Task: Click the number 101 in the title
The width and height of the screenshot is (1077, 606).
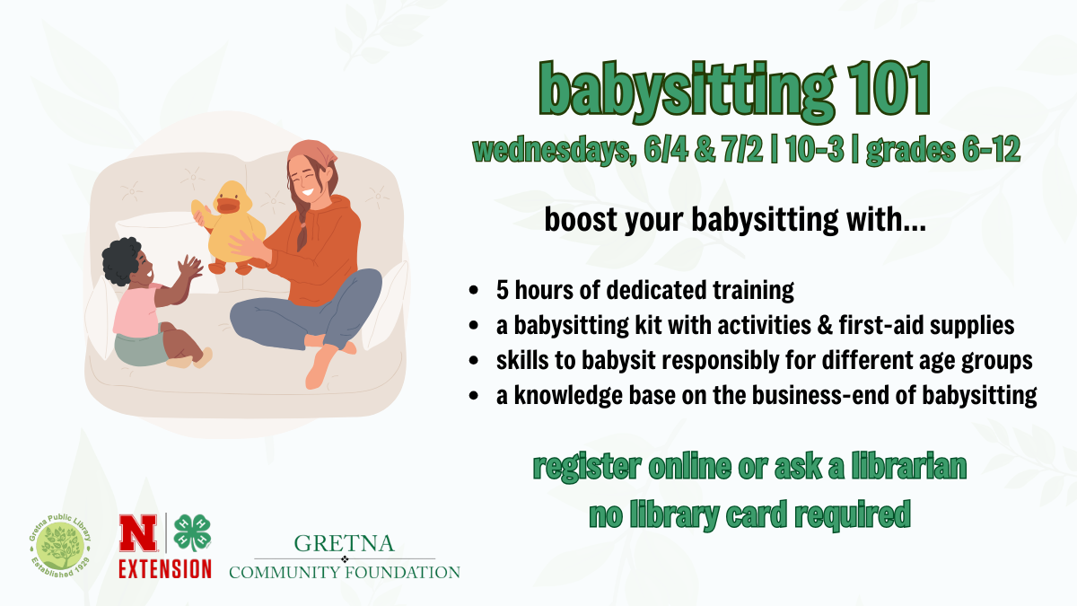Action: coord(889,89)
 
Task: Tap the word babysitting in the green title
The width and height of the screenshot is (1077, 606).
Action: coord(687,92)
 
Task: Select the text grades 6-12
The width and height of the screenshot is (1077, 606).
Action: coord(943,150)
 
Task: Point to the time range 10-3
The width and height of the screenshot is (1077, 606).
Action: coord(815,149)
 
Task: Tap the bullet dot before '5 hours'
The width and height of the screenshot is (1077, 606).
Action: coord(474,291)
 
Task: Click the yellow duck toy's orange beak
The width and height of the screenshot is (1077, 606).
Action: coord(227,206)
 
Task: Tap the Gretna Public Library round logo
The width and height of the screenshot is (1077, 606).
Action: coord(60,546)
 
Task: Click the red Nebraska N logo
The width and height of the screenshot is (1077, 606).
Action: coord(138,533)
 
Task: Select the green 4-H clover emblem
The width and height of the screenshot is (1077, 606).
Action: coord(192,532)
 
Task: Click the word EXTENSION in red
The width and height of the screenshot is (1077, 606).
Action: coord(165,569)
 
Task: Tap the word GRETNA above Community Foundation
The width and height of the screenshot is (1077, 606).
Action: coord(345,543)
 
